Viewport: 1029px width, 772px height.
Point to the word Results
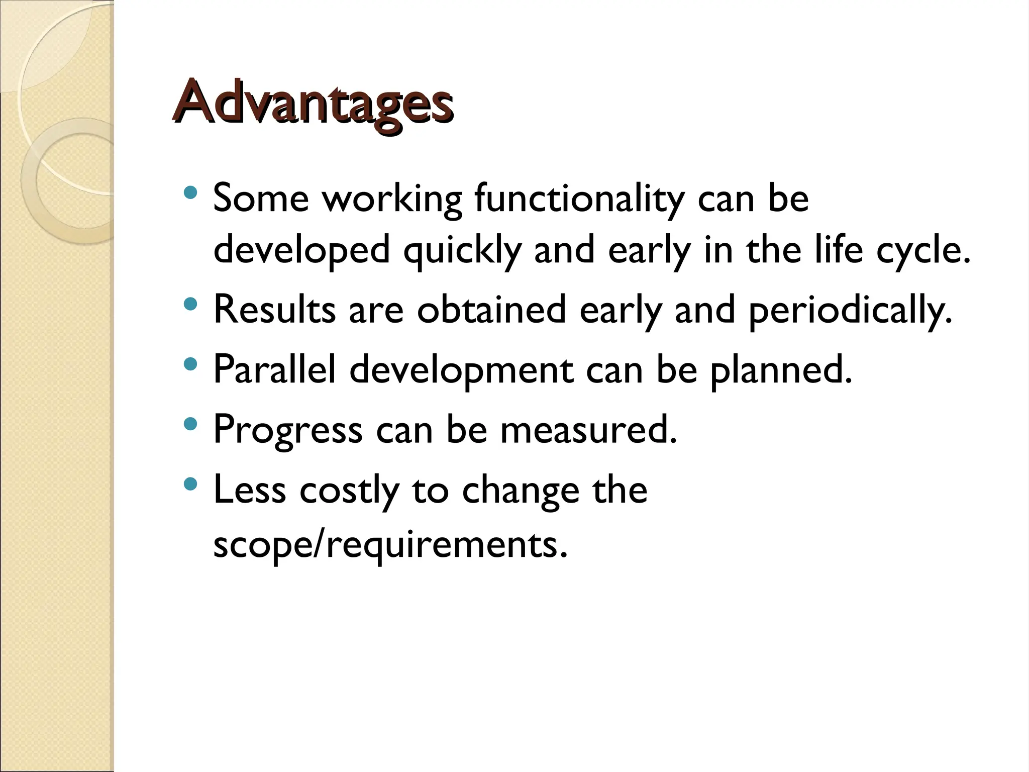click(x=274, y=310)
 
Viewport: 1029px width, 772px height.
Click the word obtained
click(x=491, y=310)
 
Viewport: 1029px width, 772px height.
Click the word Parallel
click(x=274, y=369)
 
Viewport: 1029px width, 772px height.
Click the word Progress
click(x=287, y=430)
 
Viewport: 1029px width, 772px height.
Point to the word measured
click(x=588, y=430)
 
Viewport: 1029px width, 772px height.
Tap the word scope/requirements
click(x=390, y=545)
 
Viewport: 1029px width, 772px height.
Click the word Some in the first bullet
click(x=260, y=199)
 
